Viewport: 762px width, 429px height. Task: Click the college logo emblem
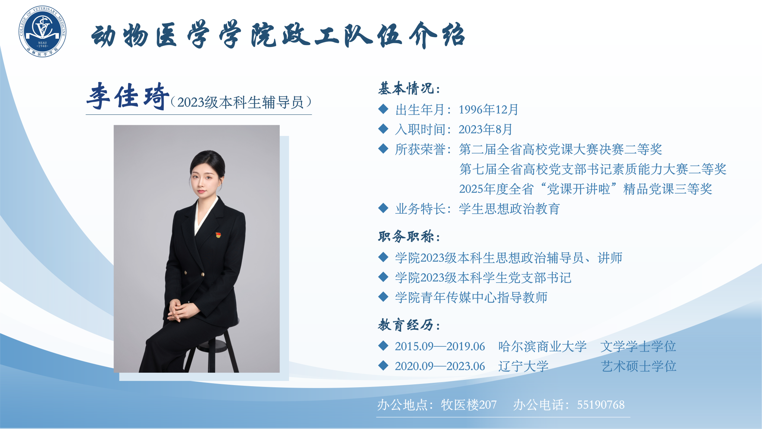pyautogui.click(x=42, y=32)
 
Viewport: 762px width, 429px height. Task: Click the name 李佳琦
pyautogui.click(x=128, y=96)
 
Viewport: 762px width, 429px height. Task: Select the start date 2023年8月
pyautogui.click(x=486, y=129)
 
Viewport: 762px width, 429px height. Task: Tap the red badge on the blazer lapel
pyautogui.click(x=218, y=235)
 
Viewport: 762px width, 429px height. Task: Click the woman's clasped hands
pyautogui.click(x=180, y=310)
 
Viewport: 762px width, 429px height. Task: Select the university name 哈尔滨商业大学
pyautogui.click(x=542, y=346)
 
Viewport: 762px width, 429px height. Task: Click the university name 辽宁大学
pyautogui.click(x=523, y=366)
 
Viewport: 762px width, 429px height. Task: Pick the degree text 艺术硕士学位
pyautogui.click(x=638, y=366)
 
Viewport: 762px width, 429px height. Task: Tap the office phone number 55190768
pyautogui.click(x=601, y=405)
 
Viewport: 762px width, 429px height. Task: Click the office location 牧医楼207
pyautogui.click(x=469, y=405)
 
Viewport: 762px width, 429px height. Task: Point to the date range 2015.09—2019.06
pyautogui.click(x=440, y=346)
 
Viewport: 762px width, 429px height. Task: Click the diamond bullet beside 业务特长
pyautogui.click(x=383, y=208)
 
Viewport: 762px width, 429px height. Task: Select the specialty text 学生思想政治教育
pyautogui.click(x=509, y=209)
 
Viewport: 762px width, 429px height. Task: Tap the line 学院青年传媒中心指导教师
pyautogui.click(x=471, y=297)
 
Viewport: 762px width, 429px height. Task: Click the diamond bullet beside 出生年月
pyautogui.click(x=383, y=109)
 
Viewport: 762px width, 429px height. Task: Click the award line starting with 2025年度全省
pyautogui.click(x=586, y=189)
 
